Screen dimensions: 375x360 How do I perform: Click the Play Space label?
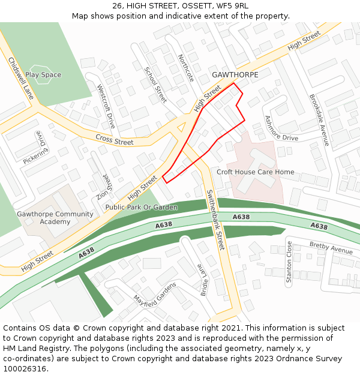[x=43, y=75]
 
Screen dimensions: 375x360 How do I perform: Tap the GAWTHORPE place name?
[x=235, y=75]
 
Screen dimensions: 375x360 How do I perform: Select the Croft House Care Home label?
[x=256, y=172]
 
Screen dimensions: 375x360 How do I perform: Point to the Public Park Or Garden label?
[x=142, y=208]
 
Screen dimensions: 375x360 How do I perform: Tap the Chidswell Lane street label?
[x=20, y=78]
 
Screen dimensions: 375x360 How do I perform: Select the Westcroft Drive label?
[x=106, y=106]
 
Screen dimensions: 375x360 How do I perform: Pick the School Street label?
[x=155, y=85]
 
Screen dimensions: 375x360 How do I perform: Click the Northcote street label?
[x=186, y=68]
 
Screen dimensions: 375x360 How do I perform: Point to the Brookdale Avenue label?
[x=319, y=119]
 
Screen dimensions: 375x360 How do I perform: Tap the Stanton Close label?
[x=289, y=262]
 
